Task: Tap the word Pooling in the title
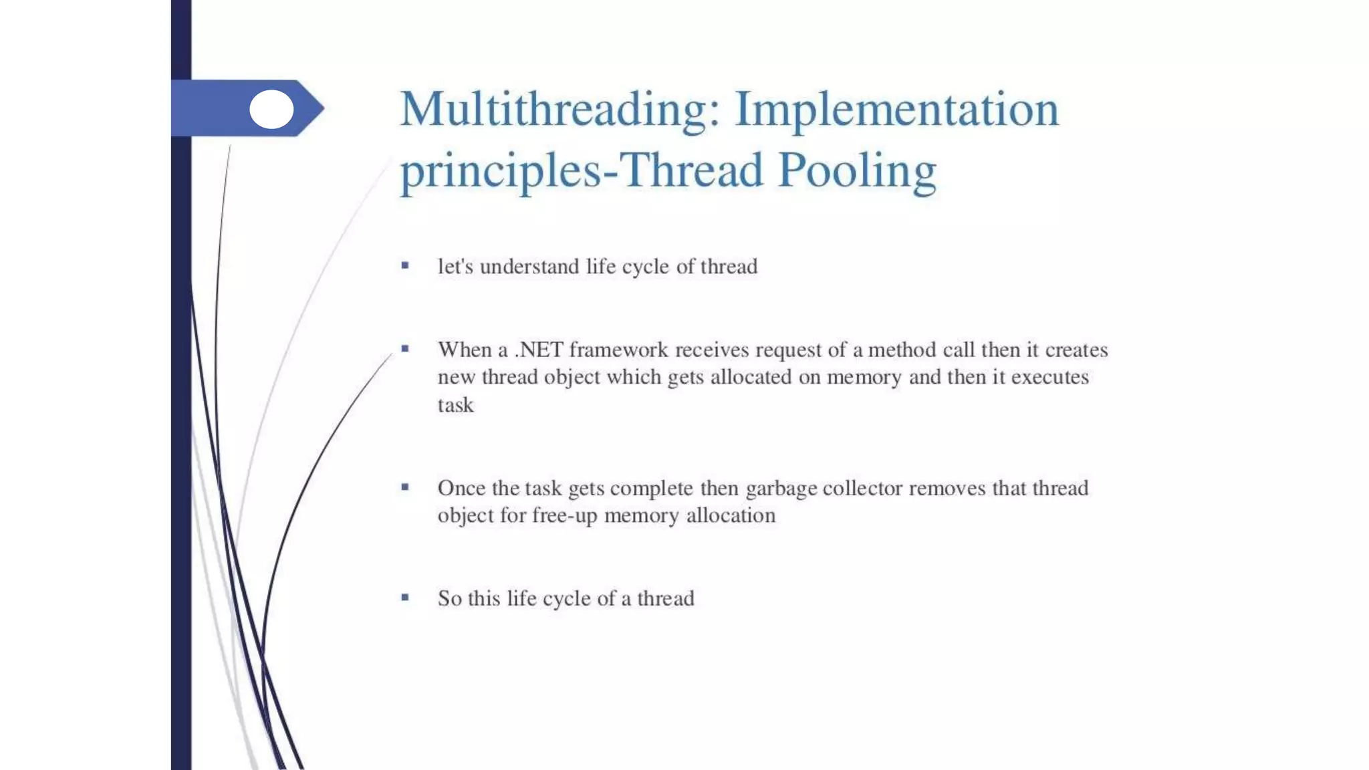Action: (857, 171)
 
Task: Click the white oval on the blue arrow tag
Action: (271, 109)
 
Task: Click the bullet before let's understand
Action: (405, 265)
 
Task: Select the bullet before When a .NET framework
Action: (405, 348)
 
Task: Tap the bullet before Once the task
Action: (405, 487)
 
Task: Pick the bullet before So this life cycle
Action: (405, 598)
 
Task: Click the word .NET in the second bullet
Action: (539, 350)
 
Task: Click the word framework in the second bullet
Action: (618, 350)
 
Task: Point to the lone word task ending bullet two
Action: (455, 405)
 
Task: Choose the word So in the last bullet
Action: (449, 598)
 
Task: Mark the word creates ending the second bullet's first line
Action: (1076, 350)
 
